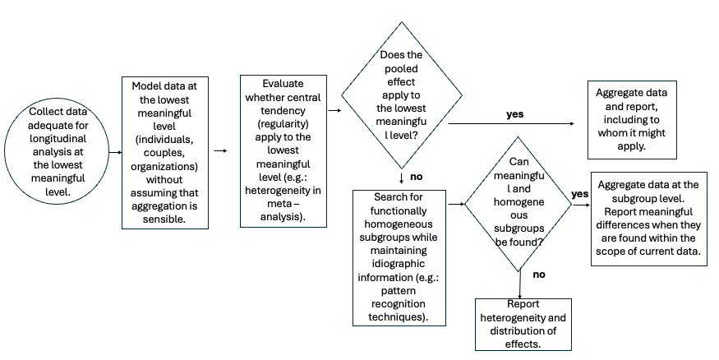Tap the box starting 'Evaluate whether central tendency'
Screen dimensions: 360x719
pos(283,150)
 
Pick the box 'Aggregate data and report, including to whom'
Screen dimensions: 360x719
pos(631,119)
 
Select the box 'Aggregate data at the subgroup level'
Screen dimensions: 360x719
pos(650,219)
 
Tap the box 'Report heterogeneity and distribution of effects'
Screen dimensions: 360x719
pos(523,324)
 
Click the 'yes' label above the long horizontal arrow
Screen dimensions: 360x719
pos(514,114)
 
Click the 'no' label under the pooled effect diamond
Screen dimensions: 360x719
pos(416,177)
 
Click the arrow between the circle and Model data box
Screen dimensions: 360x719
pos(105,151)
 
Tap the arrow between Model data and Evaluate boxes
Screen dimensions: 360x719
pos(220,151)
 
